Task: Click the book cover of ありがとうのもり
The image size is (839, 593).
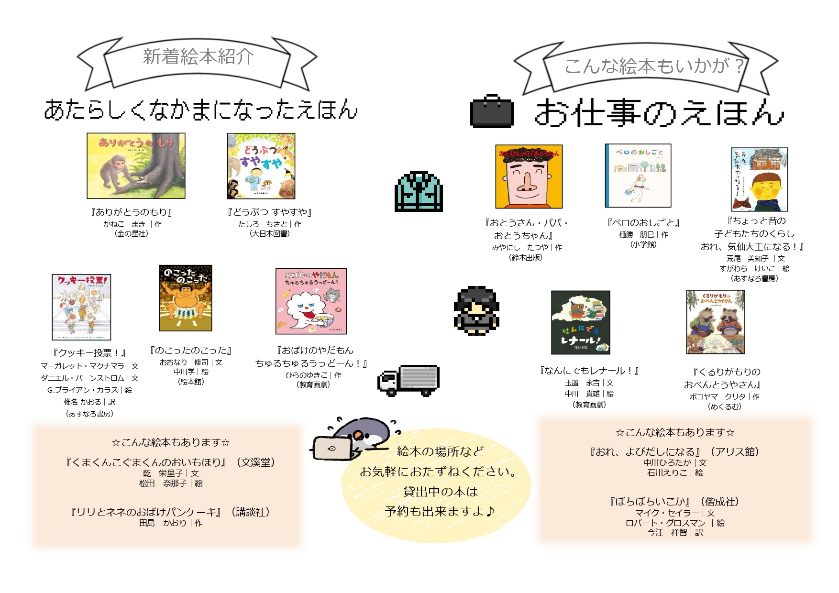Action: point(136,166)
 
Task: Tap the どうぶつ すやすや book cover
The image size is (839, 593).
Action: point(261,166)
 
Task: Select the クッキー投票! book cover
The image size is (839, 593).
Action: point(81,307)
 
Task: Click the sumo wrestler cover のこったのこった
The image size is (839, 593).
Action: point(186,298)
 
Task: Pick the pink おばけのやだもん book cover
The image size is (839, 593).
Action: point(311,301)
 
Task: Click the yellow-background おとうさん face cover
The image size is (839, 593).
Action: point(529,177)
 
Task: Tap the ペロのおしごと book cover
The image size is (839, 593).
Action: point(638,176)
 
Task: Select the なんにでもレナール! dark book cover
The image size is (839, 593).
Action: point(580,322)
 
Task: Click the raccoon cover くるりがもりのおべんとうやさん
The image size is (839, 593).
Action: point(716,322)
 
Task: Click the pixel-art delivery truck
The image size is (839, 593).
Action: point(409,381)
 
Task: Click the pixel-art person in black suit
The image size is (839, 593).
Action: point(476,311)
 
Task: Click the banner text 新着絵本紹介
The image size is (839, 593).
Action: point(198,57)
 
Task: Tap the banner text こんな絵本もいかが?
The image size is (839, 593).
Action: point(653,66)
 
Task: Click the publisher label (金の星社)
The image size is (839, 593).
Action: point(132,234)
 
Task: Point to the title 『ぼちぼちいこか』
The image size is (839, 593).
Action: point(650,502)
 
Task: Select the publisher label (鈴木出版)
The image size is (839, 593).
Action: point(525,257)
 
